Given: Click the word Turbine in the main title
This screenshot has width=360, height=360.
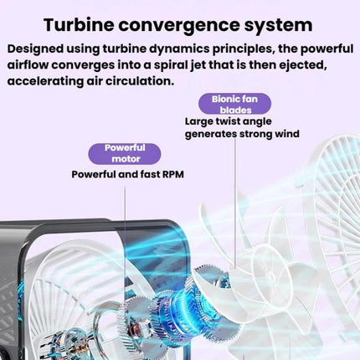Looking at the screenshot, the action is pyautogui.click(x=79, y=24).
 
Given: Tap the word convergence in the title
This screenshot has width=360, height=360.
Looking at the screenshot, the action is pyautogui.click(x=179, y=26).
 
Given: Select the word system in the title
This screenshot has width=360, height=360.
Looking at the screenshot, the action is pyautogui.click(x=278, y=26).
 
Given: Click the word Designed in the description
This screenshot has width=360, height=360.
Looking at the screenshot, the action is pyautogui.click(x=35, y=49).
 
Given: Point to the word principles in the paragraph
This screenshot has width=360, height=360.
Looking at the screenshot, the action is pyautogui.click(x=243, y=49).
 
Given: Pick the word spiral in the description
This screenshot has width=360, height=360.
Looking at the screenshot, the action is pyautogui.click(x=171, y=65).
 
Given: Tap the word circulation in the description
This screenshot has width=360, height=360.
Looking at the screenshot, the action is pyautogui.click(x=138, y=81).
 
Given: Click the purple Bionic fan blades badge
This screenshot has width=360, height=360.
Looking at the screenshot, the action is pyautogui.click(x=234, y=104).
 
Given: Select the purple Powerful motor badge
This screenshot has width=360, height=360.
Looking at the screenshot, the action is pyautogui.click(x=125, y=154).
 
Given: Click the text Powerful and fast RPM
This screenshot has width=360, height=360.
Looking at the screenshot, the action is pyautogui.click(x=127, y=174).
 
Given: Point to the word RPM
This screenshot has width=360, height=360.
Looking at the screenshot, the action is pyautogui.click(x=173, y=174).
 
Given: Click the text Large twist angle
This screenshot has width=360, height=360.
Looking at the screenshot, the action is pyautogui.click(x=228, y=121).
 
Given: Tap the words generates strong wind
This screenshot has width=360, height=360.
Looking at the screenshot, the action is pyautogui.click(x=242, y=134).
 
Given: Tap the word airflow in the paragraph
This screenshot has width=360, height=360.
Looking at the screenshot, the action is pyautogui.click(x=28, y=65).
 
